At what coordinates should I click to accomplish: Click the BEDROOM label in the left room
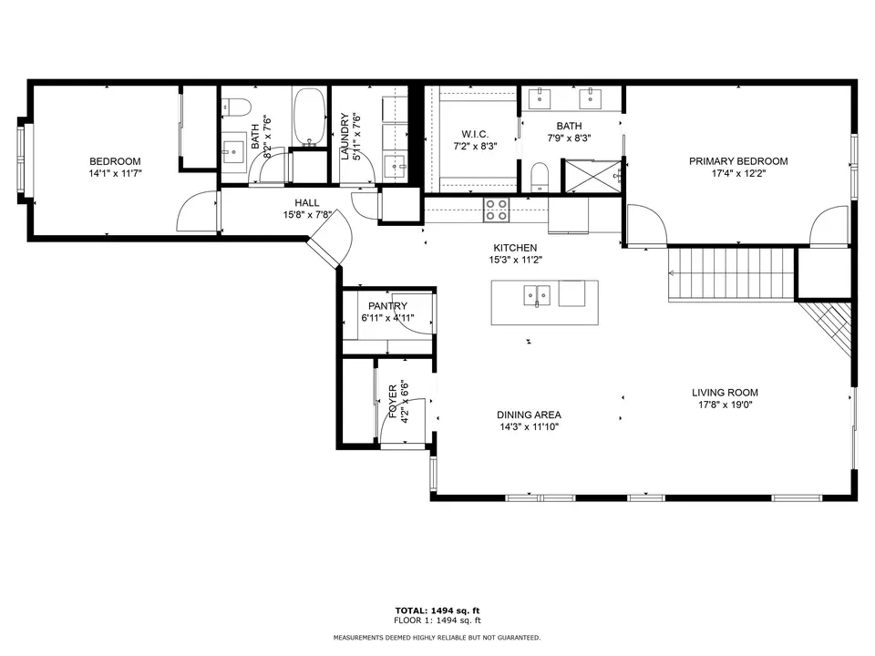coord(115,161)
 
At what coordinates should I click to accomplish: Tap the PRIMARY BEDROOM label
coord(738,161)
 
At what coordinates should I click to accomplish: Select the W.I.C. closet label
coord(475,135)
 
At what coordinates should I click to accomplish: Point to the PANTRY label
coord(388,306)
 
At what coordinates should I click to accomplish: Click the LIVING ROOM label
coord(725,393)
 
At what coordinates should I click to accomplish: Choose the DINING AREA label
coord(529,415)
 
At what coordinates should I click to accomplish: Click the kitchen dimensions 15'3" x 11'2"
coord(515,260)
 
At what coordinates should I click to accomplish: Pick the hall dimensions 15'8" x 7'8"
coord(307,215)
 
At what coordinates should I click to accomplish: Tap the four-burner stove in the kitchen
coord(496,210)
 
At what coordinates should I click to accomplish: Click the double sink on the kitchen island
coord(537,295)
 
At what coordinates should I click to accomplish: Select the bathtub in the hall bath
coord(309,116)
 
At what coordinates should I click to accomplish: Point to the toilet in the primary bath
coord(539,176)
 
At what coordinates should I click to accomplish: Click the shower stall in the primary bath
coord(593,176)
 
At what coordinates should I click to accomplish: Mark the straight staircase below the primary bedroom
coord(731,274)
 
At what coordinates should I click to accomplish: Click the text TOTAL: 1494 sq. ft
coord(437,610)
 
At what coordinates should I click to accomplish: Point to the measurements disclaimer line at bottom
coord(437,638)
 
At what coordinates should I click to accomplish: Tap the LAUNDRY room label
coord(345,137)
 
